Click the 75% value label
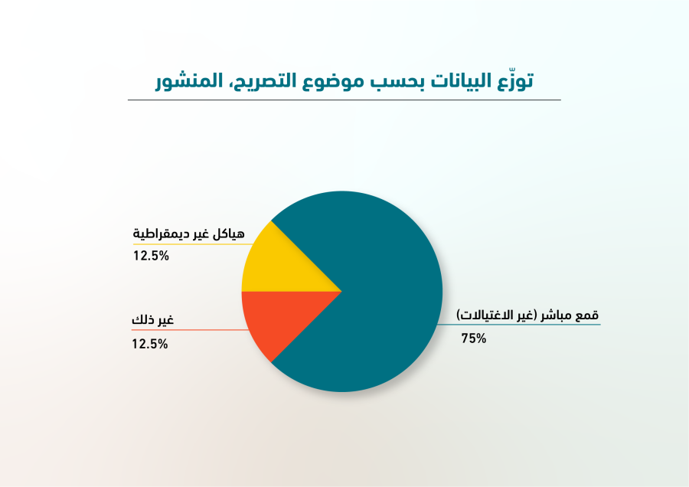pos(474,338)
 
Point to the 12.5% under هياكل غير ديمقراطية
pos(151,256)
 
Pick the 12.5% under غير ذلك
pos(150,344)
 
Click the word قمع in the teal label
pos(587,315)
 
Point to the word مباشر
pos(557,315)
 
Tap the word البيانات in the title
pos(461,81)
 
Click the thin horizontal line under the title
pos(344,100)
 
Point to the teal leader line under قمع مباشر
pos(519,325)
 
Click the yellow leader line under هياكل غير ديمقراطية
pos(194,244)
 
